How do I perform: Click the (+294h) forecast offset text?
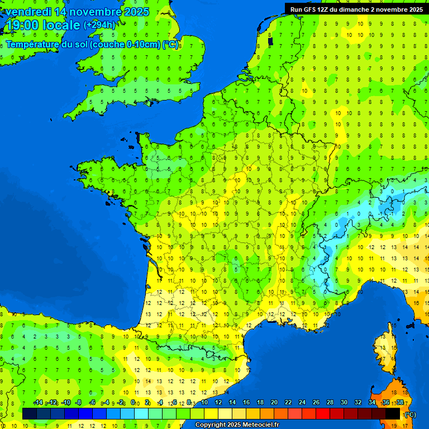[x=99, y=25]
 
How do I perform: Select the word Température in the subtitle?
[x=34, y=45]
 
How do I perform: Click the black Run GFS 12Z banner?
[x=356, y=9]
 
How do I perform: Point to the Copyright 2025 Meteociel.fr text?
[x=236, y=425]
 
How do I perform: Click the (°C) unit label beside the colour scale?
[x=410, y=414]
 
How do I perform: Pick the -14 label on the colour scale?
[x=38, y=402]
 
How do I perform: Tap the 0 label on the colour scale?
[x=133, y=402]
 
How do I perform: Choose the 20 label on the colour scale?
[x=274, y=402]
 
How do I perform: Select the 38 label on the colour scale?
[x=400, y=402]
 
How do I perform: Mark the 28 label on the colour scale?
[x=330, y=402]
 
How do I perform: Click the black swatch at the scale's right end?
[x=393, y=413]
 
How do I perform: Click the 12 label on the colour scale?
[x=218, y=402]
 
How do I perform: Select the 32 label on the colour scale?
[x=358, y=402]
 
